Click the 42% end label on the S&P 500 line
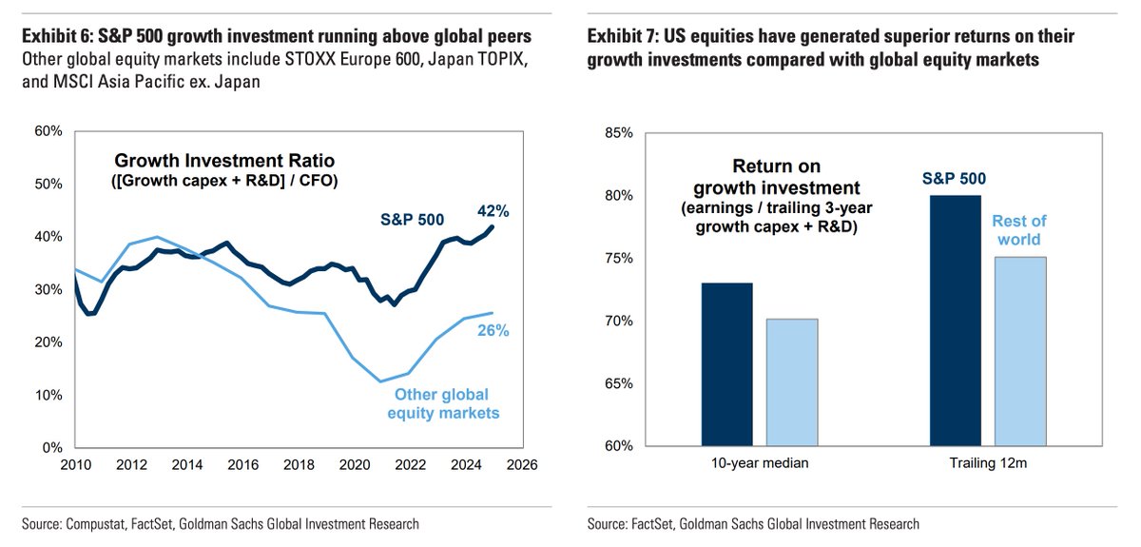tap(494, 211)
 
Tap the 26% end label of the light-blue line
tap(493, 331)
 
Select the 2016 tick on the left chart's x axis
tap(242, 465)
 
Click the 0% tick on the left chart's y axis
tap(53, 447)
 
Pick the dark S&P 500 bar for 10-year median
tap(727, 364)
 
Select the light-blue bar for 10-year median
tap(792, 382)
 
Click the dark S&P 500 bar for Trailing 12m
tap(956, 321)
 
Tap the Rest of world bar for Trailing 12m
tap(1020, 351)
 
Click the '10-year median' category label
tap(760, 465)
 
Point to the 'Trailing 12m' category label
tap(988, 465)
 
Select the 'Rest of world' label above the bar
tap(1019, 230)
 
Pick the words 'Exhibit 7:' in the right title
tap(622, 36)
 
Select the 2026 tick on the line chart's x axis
tap(522, 465)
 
